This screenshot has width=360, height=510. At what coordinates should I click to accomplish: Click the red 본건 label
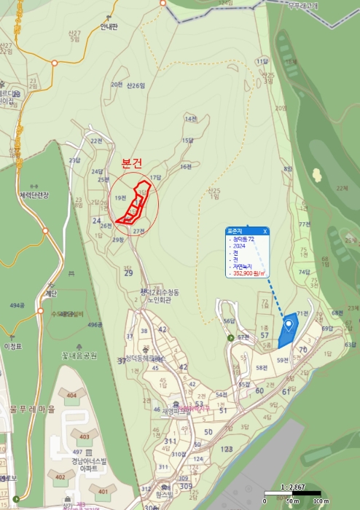pos(134,164)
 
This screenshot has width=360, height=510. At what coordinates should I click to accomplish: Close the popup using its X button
pos(265,231)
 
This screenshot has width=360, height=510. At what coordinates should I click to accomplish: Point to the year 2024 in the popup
pos(239,246)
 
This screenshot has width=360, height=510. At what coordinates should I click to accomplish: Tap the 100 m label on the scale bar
pos(317,502)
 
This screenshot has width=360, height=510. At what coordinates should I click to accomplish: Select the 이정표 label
pos(13,347)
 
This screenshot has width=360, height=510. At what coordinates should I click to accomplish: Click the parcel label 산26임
pos(136,85)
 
